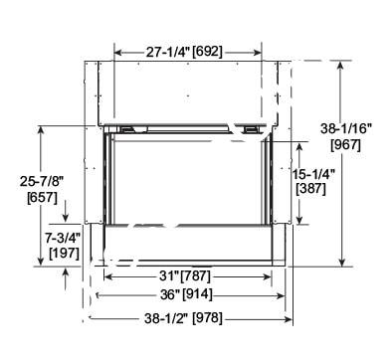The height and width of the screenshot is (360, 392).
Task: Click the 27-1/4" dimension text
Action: (x=167, y=52)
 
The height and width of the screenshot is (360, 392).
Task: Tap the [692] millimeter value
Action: (x=207, y=52)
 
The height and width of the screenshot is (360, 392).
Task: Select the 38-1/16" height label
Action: (x=346, y=129)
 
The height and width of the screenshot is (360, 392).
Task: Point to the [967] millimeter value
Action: (x=345, y=144)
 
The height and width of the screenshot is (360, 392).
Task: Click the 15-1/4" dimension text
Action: (x=313, y=174)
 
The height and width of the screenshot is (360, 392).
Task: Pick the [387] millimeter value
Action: (x=310, y=189)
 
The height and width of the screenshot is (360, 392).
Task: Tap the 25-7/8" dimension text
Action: (x=42, y=181)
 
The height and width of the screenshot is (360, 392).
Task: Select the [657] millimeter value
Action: (x=43, y=198)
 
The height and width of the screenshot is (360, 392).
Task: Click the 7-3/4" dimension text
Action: (x=63, y=238)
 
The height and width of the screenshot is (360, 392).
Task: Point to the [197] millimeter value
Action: (x=64, y=254)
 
